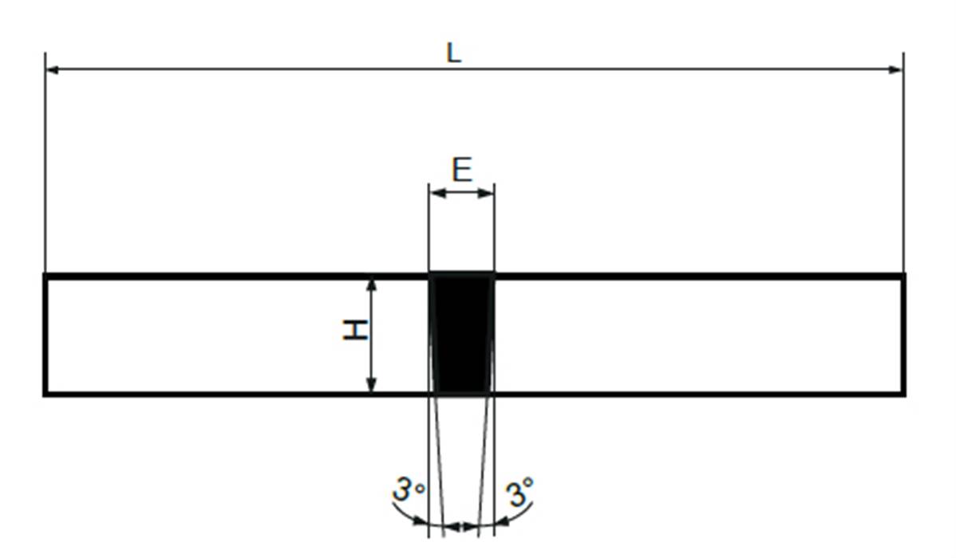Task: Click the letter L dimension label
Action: coord(453,53)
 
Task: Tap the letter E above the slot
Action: coord(462,170)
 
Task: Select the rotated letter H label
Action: coord(355,329)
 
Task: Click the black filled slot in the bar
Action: coord(461,333)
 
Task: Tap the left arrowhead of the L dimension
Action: coord(53,69)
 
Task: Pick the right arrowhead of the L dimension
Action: coord(895,69)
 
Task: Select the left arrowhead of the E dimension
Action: coord(438,193)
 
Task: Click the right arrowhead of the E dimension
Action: coord(486,193)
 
